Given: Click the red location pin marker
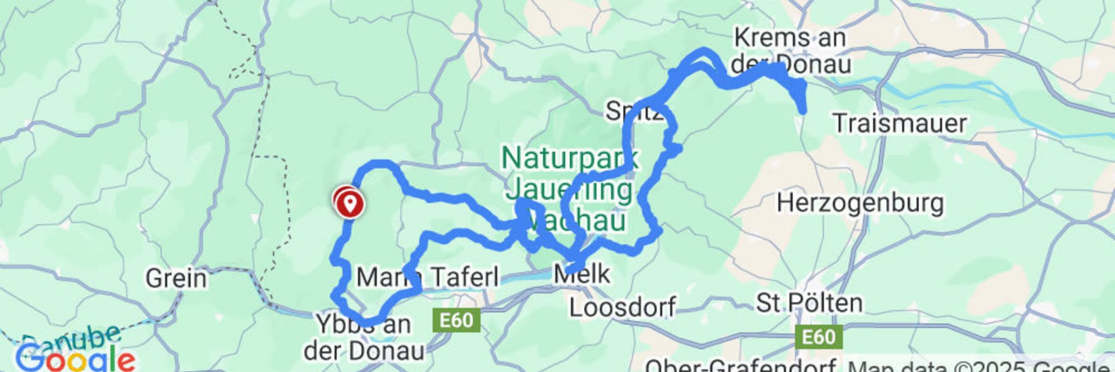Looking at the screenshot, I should coord(349,203).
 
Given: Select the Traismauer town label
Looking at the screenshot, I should coord(900,123).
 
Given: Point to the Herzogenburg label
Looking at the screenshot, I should coord(860,203).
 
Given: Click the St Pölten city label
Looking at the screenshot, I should coord(809,303).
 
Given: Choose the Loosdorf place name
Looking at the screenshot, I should coord(623,307).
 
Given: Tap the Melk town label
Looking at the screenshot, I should coord(582,273).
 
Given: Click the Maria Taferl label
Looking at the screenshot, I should coord(427,277).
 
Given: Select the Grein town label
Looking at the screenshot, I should coord(176,278).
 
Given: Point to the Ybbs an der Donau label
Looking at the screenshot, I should coord(364,338).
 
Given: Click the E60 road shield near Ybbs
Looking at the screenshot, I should coord(456,320).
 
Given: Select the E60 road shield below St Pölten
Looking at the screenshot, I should coord(818,337).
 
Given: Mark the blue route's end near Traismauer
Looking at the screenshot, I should coord(803,109).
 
